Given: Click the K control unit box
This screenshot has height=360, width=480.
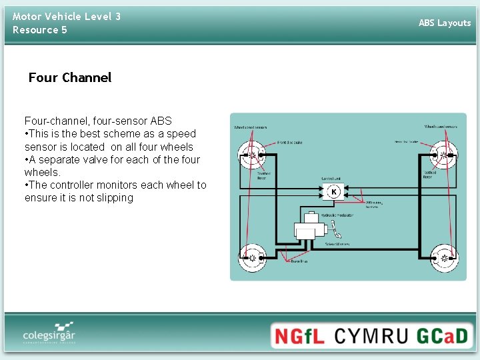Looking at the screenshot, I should [x=333, y=192].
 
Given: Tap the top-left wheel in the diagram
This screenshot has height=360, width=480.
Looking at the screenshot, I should [x=253, y=156].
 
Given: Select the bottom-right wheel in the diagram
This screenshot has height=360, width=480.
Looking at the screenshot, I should [x=443, y=257].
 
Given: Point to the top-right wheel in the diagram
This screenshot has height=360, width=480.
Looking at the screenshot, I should [x=443, y=156].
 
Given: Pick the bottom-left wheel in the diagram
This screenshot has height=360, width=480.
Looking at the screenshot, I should [x=253, y=257].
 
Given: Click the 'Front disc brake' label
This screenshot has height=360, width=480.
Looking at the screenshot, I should [x=289, y=142].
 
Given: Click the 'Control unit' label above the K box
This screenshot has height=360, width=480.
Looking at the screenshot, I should [x=331, y=179].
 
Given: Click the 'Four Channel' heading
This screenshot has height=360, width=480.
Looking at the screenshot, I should [x=70, y=77].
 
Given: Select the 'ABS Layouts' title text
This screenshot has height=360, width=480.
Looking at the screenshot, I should [x=445, y=23].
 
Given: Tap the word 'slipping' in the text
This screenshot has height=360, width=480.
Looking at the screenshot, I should [x=115, y=197].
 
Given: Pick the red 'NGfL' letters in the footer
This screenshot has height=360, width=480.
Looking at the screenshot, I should [x=299, y=335].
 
